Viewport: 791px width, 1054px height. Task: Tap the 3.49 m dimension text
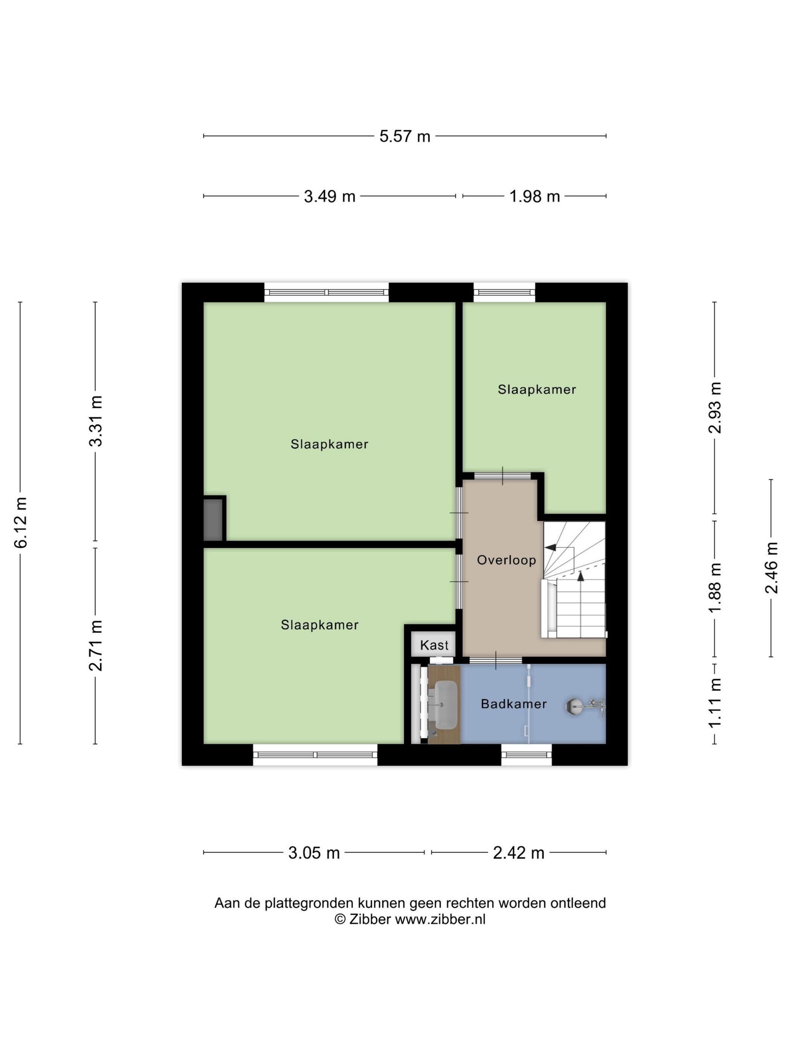click(330, 196)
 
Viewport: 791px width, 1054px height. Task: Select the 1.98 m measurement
click(534, 196)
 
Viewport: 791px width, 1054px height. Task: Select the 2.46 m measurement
click(771, 568)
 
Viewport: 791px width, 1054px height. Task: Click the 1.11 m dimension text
click(715, 703)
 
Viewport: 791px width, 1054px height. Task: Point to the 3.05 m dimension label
click(314, 853)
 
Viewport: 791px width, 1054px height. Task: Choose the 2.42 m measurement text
click(518, 853)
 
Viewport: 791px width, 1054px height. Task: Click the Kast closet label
click(434, 645)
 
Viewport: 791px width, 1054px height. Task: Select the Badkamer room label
click(513, 704)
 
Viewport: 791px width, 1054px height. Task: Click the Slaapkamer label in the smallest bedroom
click(537, 390)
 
